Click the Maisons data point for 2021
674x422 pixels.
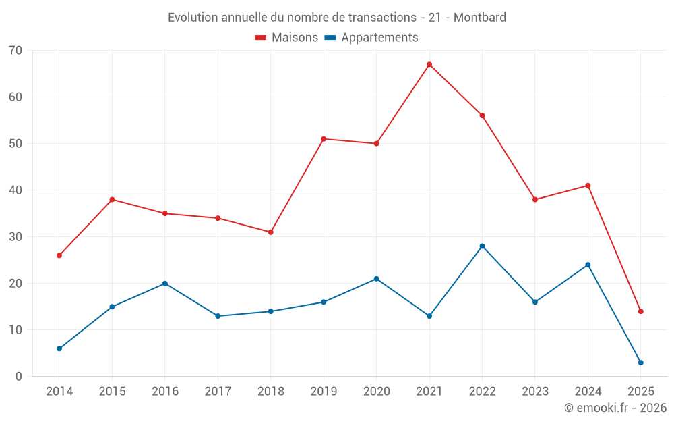click(429, 65)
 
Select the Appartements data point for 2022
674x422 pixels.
click(482, 246)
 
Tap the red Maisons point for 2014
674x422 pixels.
click(59, 256)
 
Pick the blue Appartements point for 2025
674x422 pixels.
click(641, 363)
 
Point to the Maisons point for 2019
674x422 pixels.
click(324, 139)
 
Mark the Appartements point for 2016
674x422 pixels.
click(165, 284)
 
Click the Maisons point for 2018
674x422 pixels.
click(270, 232)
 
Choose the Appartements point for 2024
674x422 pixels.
click(588, 265)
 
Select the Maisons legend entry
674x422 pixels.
click(286, 38)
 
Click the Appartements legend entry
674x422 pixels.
click(371, 38)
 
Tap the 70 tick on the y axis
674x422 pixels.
click(16, 51)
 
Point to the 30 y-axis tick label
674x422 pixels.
click(16, 237)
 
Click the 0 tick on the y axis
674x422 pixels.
click(19, 377)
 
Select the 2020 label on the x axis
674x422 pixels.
click(376, 392)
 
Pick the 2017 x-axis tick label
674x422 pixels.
click(218, 392)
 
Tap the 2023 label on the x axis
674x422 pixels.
click(535, 392)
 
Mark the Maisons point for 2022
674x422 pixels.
click(482, 115)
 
